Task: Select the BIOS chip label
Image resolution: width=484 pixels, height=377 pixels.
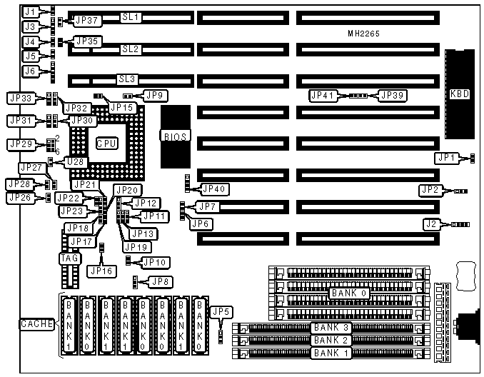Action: click(175, 135)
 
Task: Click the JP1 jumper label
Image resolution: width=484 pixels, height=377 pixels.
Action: click(447, 157)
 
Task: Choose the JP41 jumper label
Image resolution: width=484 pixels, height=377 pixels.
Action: click(323, 94)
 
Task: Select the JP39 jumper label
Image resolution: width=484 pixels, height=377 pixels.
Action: click(392, 94)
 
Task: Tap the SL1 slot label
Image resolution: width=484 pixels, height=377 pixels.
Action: click(131, 16)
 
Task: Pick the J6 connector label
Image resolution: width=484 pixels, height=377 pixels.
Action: click(29, 71)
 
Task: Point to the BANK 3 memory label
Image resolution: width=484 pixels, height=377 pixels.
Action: click(330, 328)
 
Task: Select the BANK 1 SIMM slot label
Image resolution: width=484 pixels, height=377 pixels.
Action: click(330, 353)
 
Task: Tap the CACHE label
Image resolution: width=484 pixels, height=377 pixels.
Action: click(34, 324)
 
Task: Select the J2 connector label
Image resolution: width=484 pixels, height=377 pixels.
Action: click(430, 224)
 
